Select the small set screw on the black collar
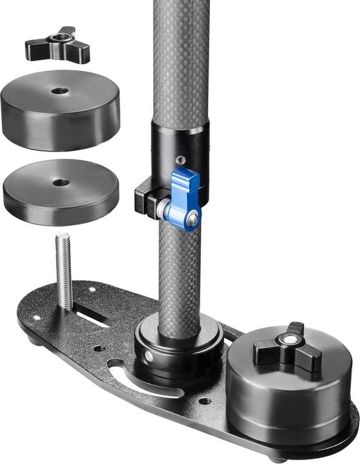click(x=180, y=159)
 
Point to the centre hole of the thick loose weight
click(x=61, y=91)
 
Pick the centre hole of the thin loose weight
click(x=61, y=182)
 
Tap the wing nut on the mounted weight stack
click(x=288, y=349)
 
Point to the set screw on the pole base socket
click(x=149, y=356)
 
